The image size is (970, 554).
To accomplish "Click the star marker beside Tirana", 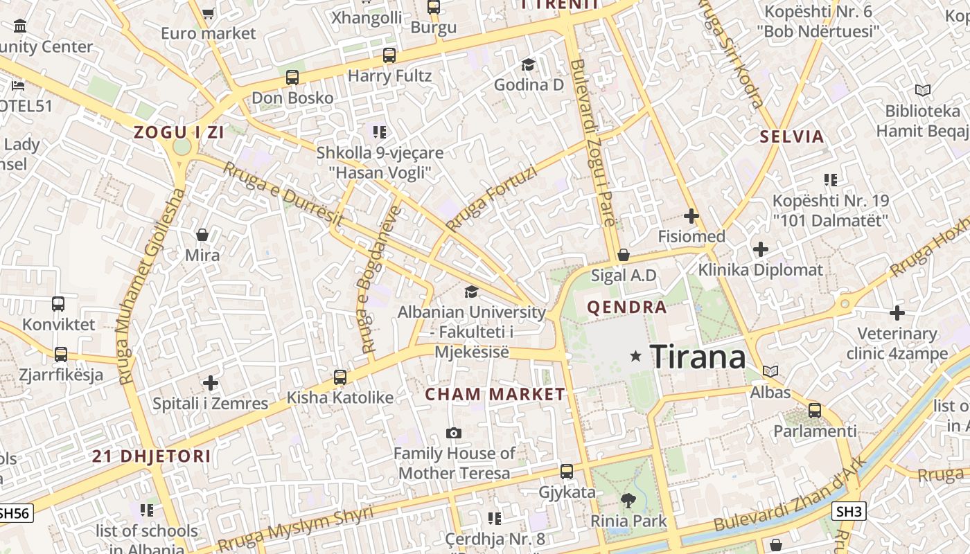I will pyautogui.click(x=635, y=356).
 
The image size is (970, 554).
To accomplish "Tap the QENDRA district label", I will pyautogui.click(x=626, y=307).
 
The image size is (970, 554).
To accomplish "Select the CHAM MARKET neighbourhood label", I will pyautogui.click(x=495, y=394).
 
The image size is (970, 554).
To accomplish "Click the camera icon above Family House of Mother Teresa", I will pyautogui.click(x=454, y=433).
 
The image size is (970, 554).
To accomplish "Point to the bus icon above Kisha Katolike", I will pyautogui.click(x=339, y=377).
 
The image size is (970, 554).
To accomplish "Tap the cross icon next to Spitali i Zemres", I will pyautogui.click(x=211, y=382).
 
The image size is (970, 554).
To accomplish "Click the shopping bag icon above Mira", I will pyautogui.click(x=202, y=235).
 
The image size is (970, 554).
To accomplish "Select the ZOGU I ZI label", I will pyautogui.click(x=179, y=132).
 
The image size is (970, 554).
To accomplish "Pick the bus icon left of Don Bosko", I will pyautogui.click(x=292, y=77).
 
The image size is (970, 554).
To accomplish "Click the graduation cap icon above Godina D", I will pyautogui.click(x=529, y=64).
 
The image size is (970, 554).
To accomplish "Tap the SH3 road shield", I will pyautogui.click(x=849, y=511).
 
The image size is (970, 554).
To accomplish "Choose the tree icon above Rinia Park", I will pyautogui.click(x=628, y=500).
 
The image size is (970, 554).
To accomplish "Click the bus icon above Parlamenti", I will pyautogui.click(x=815, y=410).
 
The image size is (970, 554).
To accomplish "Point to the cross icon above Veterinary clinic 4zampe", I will pyautogui.click(x=897, y=312).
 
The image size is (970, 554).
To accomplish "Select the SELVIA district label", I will pyautogui.click(x=791, y=136).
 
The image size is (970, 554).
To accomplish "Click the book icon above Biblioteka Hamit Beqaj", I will pyautogui.click(x=922, y=90).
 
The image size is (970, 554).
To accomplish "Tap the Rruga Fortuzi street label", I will pyautogui.click(x=492, y=198).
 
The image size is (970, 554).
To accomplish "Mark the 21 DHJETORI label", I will pyautogui.click(x=151, y=456).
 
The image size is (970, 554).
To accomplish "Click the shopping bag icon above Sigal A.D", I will pyautogui.click(x=624, y=255).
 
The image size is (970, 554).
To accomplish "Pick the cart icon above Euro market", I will pyautogui.click(x=208, y=12).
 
